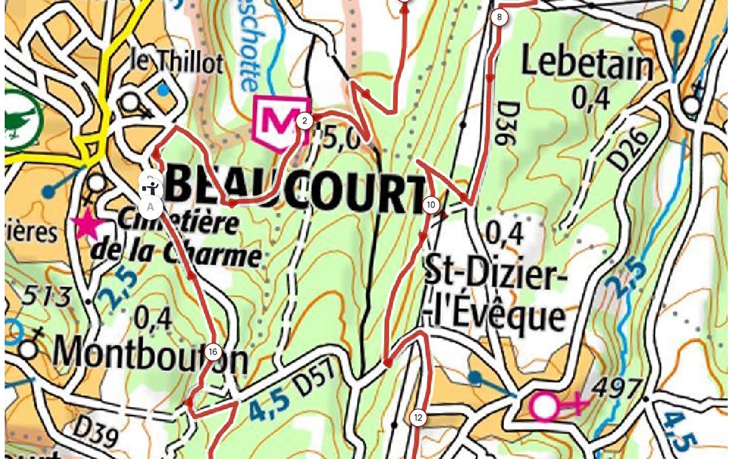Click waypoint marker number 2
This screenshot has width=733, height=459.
pyautogui.click(x=305, y=121)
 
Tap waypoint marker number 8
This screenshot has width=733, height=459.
pyautogui.click(x=499, y=17)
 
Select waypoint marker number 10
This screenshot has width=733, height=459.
pyautogui.click(x=431, y=205)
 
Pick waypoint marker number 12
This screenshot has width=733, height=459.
pyautogui.click(x=418, y=418)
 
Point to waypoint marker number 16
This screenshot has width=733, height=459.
pyautogui.click(x=213, y=351)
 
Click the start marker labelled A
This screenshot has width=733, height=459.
pyautogui.click(x=150, y=207)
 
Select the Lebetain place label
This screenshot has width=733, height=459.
pyautogui.click(x=586, y=64)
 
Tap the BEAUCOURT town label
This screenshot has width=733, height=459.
pyautogui.click(x=295, y=193)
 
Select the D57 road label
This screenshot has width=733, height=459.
pyautogui.click(x=315, y=379)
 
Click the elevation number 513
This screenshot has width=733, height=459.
pyautogui.click(x=47, y=295)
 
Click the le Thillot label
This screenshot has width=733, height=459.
pyautogui.click(x=177, y=62)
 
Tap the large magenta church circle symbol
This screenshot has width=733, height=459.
pyautogui.click(x=544, y=406)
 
